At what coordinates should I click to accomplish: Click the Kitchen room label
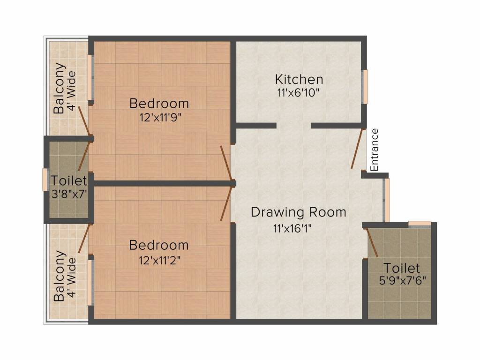coord(299,79)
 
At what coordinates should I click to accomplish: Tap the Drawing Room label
coord(299,212)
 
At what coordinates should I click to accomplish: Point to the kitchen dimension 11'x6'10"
coord(299,92)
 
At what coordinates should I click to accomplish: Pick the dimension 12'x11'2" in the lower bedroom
coord(159,261)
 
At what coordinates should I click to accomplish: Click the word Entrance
coord(375,150)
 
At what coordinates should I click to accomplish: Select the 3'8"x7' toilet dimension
coord(69,194)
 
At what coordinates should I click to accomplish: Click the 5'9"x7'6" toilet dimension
coord(403,280)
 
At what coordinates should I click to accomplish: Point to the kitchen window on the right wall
coord(365,87)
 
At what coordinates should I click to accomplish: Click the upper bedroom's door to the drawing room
coord(226,163)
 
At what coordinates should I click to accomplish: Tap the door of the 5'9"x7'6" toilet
coord(372,242)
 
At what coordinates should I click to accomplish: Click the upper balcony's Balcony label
coord(60,89)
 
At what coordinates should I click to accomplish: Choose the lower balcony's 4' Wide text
coord(72,277)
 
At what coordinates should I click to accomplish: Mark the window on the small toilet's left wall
coord(45,180)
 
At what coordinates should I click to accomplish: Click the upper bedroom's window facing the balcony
coord(90,77)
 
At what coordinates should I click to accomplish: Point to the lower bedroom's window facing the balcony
coord(90,283)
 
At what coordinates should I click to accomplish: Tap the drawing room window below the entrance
coord(387,200)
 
